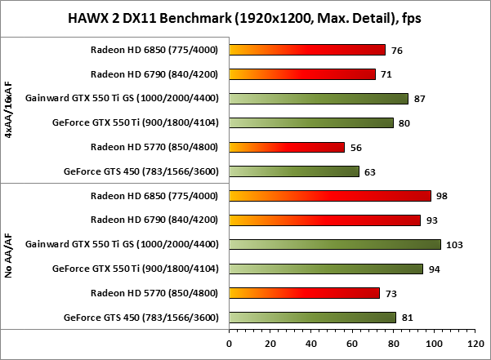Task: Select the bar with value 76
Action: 307,50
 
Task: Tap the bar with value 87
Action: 319,99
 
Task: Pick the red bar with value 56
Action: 287,147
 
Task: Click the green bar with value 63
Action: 294,171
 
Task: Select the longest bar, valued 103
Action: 335,244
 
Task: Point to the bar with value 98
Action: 330,196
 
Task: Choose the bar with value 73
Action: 305,292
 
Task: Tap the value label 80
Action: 404,124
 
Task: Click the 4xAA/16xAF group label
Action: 8,111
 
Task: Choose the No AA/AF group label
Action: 8,256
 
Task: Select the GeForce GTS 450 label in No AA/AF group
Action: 141,318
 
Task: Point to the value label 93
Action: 431,220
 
